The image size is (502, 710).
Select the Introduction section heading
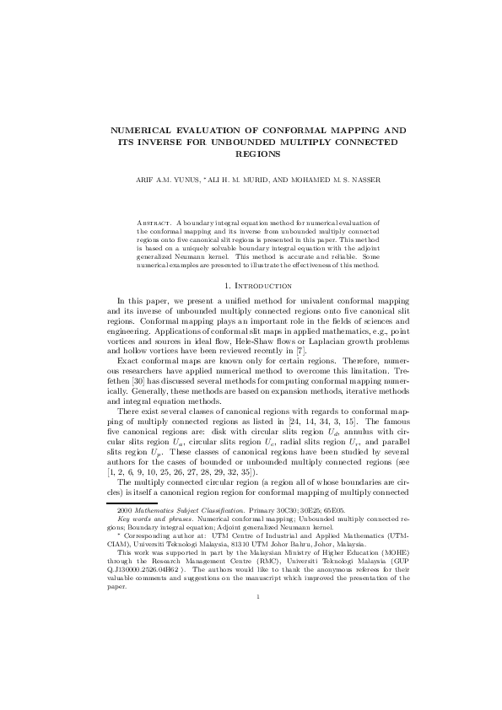(256, 287)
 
